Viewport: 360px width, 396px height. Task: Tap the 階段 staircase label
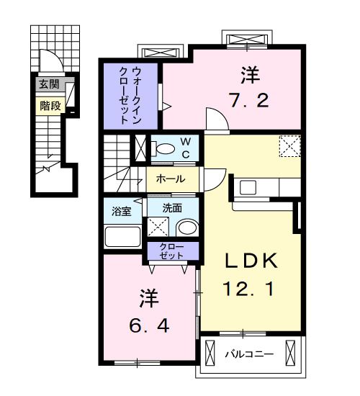pyautogui.click(x=49, y=105)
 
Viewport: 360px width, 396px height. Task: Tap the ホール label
pyautogui.click(x=170, y=179)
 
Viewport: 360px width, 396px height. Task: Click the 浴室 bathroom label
pyautogui.click(x=121, y=212)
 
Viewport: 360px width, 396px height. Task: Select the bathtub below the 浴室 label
pyautogui.click(x=122, y=235)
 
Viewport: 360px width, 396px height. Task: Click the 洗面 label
pyautogui.click(x=171, y=207)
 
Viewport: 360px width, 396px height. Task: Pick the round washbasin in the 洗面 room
pyautogui.click(x=186, y=228)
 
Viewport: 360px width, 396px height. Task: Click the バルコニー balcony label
pyautogui.click(x=248, y=354)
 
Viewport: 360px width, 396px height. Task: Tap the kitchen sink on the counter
pyautogui.click(x=248, y=187)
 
